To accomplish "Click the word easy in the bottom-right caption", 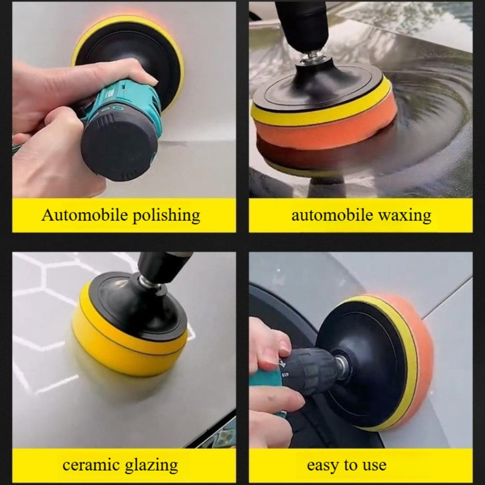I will pyautogui.click(x=323, y=465).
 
